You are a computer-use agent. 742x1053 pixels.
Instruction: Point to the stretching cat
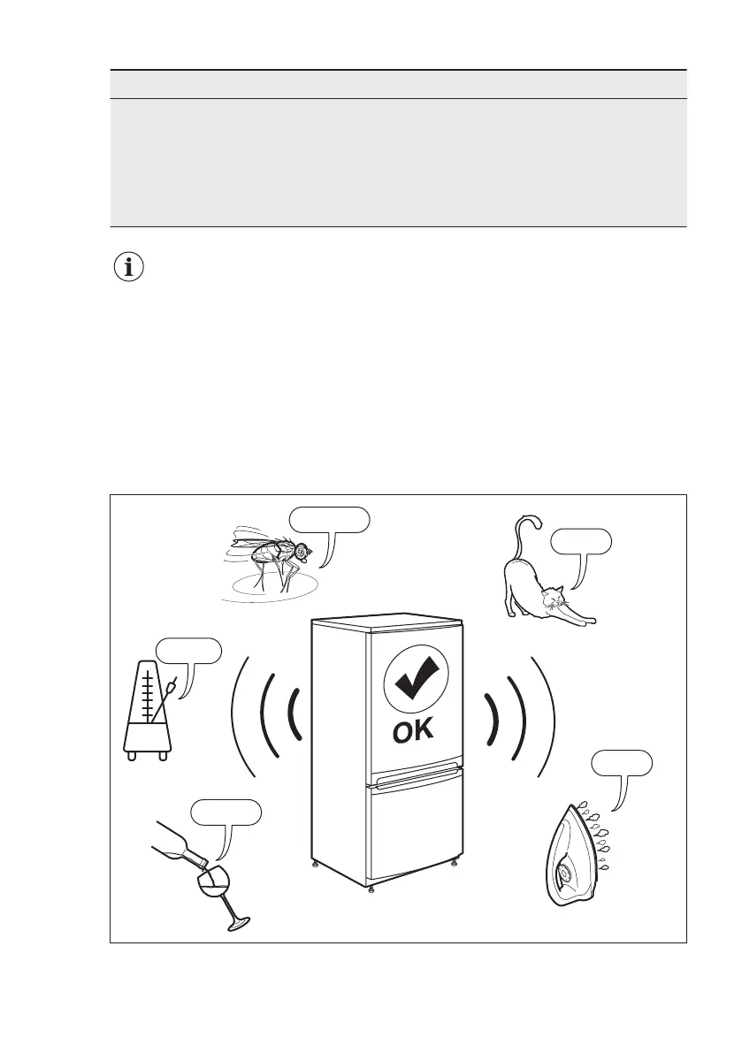538,588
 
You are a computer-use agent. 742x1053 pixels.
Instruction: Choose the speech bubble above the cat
580,539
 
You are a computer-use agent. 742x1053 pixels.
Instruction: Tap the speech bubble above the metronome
188,650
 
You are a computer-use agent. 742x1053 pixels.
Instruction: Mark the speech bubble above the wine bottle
226,811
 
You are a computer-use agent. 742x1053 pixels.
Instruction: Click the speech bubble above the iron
622,763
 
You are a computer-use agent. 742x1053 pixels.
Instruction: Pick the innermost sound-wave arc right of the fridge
493,716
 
